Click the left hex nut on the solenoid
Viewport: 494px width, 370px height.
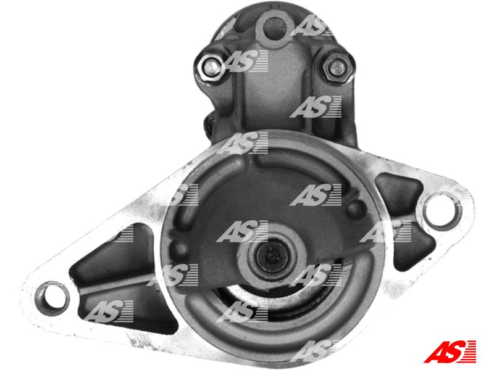coord(209,67)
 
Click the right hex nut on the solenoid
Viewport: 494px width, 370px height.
coord(337,68)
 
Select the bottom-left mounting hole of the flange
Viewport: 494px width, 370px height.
coord(52,297)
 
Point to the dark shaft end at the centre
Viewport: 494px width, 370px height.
coord(272,255)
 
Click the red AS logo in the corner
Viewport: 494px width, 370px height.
coord(450,351)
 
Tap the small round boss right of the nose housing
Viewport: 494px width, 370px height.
coord(354,208)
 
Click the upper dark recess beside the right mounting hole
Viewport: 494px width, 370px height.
coord(398,191)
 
